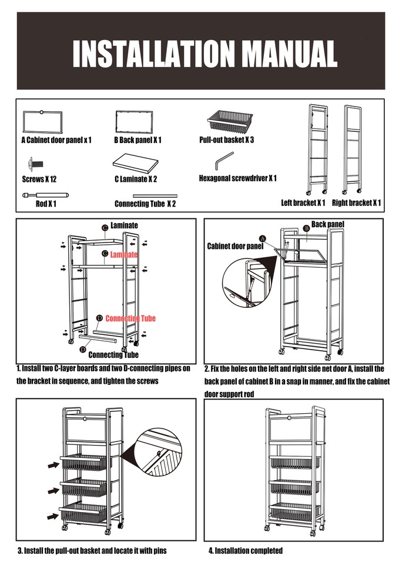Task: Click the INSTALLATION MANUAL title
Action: [x=204, y=54]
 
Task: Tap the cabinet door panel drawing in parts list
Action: [x=42, y=122]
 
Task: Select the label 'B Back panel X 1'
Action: [x=138, y=141]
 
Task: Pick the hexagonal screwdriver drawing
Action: [x=223, y=160]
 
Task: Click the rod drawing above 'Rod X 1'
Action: [x=45, y=194]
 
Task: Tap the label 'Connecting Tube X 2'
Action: [x=145, y=204]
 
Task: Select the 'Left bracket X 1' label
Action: [x=303, y=203]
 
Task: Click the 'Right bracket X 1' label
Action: [x=356, y=203]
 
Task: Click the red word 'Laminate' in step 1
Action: [x=124, y=255]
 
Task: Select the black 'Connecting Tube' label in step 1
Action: [x=113, y=355]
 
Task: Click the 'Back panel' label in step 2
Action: [x=327, y=224]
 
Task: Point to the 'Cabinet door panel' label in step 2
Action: [x=235, y=246]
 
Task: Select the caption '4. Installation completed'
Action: [x=246, y=551]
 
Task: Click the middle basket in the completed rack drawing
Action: [x=294, y=487]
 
